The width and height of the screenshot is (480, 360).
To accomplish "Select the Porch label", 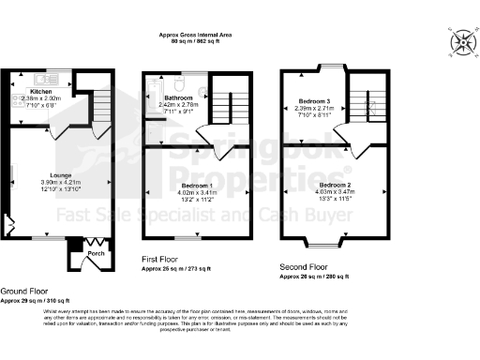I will click(x=96, y=253).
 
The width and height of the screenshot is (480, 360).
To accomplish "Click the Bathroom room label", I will click(x=178, y=97).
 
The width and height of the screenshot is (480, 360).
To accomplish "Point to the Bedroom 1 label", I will click(x=197, y=187).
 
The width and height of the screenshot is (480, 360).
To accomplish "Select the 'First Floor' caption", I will click(x=160, y=259).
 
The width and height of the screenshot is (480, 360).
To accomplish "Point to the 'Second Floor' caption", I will click(x=306, y=269).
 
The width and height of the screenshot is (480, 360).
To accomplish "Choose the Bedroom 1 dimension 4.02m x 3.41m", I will click(x=197, y=194).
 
